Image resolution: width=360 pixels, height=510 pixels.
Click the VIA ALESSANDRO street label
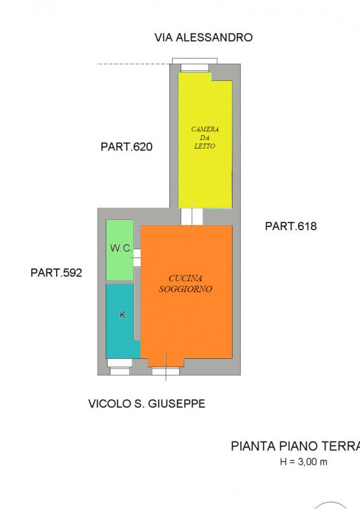[203, 38]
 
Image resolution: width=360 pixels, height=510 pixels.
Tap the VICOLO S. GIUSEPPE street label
[147, 404]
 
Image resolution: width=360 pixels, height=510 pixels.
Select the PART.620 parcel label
[126, 147]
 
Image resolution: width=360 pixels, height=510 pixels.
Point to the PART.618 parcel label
[291, 226]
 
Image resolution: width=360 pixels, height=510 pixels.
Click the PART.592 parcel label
[56, 273]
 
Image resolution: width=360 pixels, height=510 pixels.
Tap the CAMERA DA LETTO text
[205, 138]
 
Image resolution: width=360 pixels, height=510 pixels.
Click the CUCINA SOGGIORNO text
[185, 284]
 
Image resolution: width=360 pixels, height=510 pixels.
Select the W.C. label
[120, 248]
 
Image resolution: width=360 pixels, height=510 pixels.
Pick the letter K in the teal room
[122, 315]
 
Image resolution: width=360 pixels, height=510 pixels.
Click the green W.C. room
[119, 265]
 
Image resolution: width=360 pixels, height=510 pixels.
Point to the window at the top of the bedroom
[194, 66]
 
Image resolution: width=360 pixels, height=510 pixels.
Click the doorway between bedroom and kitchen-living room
[192, 217]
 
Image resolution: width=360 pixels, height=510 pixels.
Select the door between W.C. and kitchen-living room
[137, 257]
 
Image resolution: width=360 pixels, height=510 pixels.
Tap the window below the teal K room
[119, 363]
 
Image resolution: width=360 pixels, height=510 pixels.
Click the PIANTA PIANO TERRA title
[295, 446]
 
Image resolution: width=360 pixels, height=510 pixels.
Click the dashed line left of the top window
[134, 64]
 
